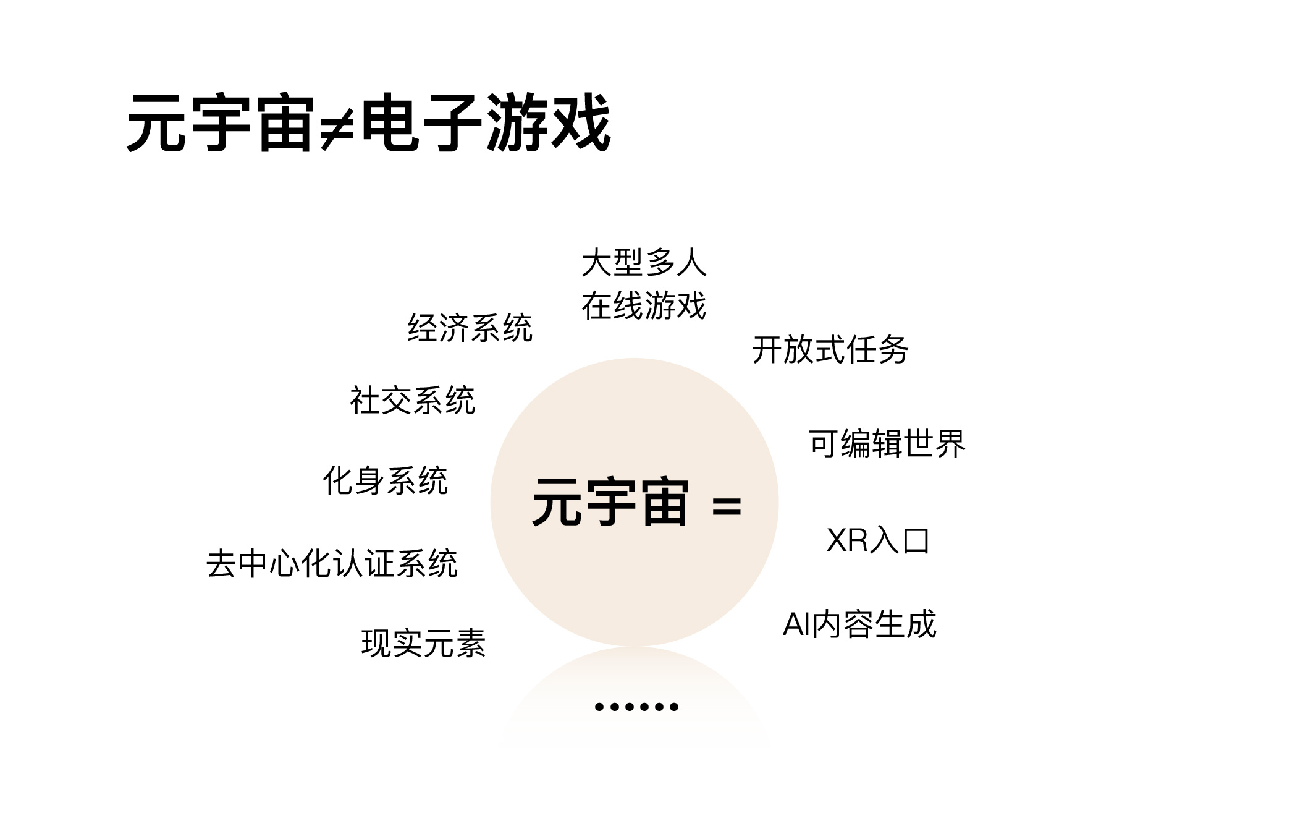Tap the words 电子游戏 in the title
(486, 122)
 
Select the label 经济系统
(470, 328)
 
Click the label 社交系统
(412, 400)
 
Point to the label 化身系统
(385, 480)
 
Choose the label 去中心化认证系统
(332, 563)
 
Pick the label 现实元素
(423, 643)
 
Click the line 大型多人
(644, 263)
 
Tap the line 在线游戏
(644, 305)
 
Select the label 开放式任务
(830, 350)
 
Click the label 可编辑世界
(887, 443)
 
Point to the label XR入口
(878, 540)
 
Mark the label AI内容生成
(859, 624)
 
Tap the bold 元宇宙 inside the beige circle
(610, 502)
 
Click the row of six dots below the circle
(636, 707)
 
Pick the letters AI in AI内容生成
(796, 624)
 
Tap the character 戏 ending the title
(581, 122)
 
